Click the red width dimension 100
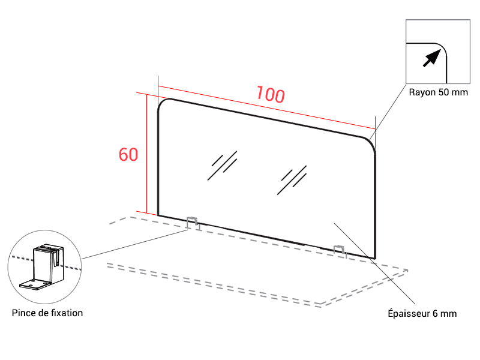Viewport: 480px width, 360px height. coord(271,94)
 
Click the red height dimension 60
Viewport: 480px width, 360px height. coord(128,154)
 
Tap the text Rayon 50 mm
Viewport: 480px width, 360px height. coord(439,92)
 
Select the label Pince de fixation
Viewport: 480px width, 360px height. coord(47,313)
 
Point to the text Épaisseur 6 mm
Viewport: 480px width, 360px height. coord(422,313)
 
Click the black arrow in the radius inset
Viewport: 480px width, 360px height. coord(432,58)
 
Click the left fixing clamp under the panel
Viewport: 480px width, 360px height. coord(193,223)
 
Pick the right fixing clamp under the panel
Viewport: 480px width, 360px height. coord(339,251)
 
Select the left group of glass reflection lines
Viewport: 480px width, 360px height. coord(222,166)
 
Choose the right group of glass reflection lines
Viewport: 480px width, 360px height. coord(292,180)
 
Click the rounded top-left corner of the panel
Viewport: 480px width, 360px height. coord(161,102)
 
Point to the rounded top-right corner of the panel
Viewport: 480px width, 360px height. coord(371,142)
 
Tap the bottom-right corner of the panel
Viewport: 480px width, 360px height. coord(375,259)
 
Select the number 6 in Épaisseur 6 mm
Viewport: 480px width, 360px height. coord(435,313)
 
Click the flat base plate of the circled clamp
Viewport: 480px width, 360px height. coord(34,284)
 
